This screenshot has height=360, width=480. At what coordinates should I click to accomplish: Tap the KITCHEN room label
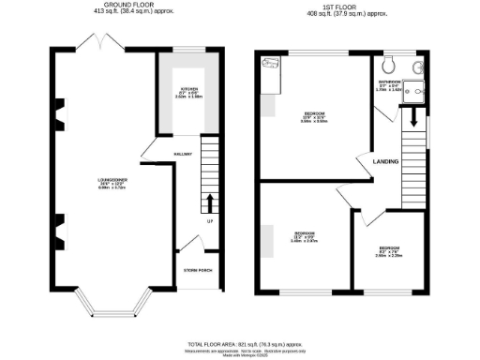(188, 92)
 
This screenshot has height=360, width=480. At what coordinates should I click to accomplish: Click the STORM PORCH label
(199, 272)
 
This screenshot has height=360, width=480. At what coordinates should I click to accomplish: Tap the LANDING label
(385, 161)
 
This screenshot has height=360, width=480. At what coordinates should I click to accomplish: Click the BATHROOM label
(390, 83)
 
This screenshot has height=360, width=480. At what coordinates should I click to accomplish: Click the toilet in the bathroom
(390, 65)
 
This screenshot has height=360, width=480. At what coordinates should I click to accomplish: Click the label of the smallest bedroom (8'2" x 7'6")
(390, 251)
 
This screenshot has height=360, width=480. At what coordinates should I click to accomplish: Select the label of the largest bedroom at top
(314, 116)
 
